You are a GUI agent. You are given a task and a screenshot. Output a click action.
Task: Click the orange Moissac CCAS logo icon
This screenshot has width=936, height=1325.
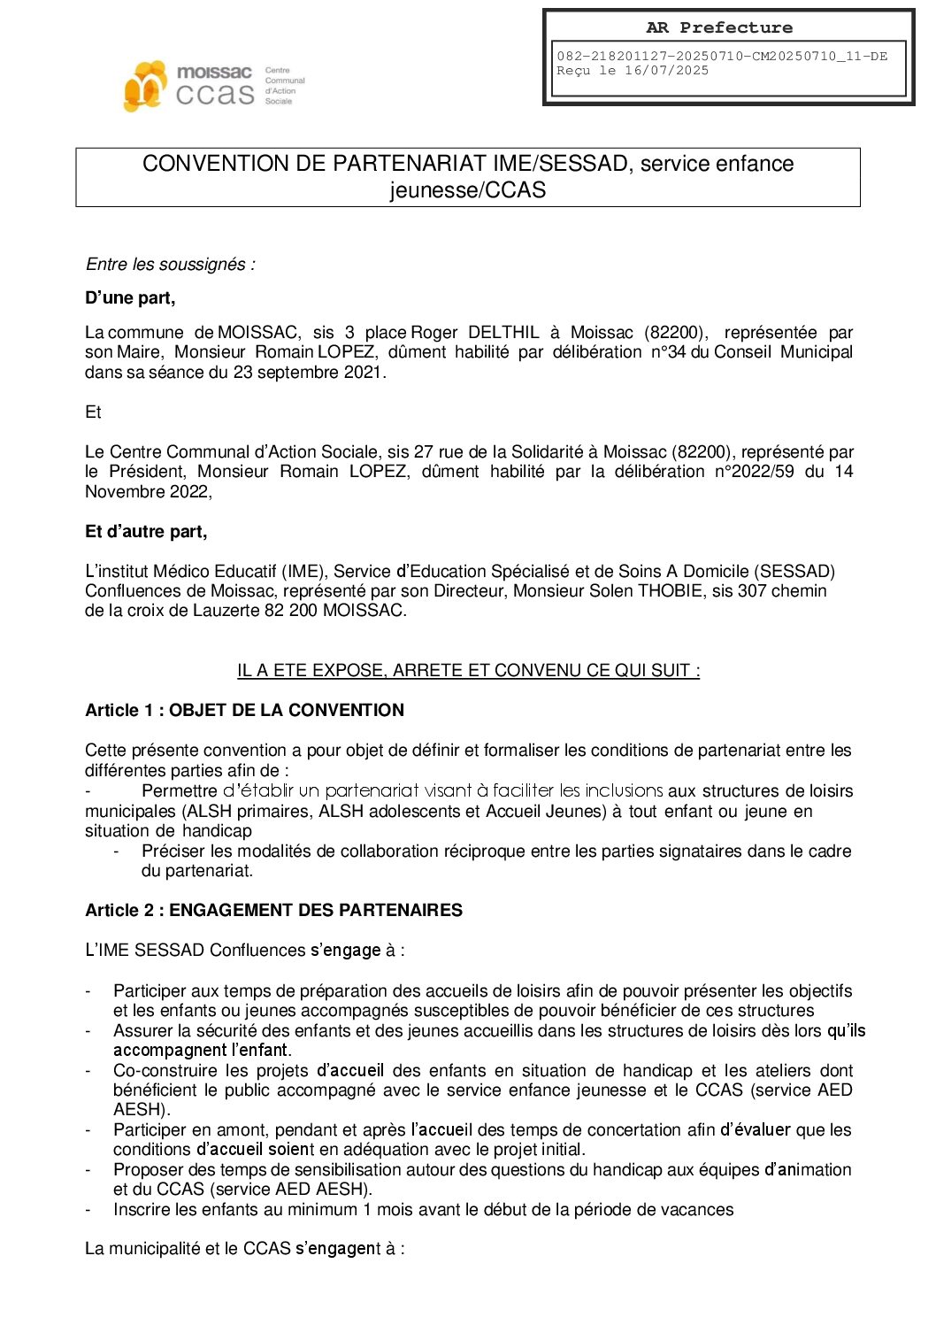pyautogui.click(x=145, y=86)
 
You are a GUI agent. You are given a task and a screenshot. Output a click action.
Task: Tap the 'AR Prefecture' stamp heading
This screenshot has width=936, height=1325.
pyautogui.click(x=718, y=27)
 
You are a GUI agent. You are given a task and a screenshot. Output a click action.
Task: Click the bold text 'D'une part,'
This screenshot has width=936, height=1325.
pyautogui.click(x=130, y=298)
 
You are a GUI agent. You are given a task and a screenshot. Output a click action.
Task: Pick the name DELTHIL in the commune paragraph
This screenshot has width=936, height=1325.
pyautogui.click(x=503, y=333)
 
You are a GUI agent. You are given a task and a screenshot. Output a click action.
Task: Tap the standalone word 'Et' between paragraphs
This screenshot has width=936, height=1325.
pyautogui.click(x=93, y=412)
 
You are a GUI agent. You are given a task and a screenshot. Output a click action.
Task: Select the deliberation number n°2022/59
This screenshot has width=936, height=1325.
pyautogui.click(x=755, y=472)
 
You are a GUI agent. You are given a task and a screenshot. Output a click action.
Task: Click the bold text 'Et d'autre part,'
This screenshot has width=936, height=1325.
pyautogui.click(x=146, y=532)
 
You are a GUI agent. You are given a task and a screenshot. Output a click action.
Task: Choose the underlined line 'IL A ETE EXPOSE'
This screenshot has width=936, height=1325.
pyautogui.click(x=468, y=671)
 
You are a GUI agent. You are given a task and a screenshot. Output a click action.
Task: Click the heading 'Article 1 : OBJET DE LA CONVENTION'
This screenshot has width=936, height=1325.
pyautogui.click(x=244, y=711)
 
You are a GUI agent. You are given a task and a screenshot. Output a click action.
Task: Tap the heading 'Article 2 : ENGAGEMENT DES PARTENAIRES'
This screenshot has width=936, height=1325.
pyautogui.click(x=273, y=911)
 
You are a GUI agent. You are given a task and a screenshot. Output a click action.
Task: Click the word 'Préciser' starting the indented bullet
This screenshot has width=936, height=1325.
pyautogui.click(x=173, y=851)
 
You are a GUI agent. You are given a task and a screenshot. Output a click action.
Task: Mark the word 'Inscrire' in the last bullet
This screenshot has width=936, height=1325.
pyautogui.click(x=143, y=1210)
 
